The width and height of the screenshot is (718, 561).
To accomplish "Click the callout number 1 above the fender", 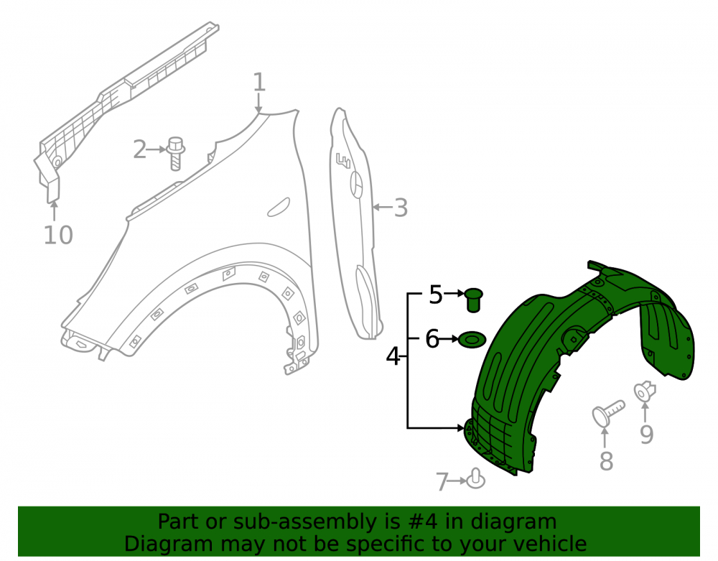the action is pyautogui.click(x=259, y=83).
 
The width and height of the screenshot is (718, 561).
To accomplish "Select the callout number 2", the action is pyautogui.click(x=140, y=149).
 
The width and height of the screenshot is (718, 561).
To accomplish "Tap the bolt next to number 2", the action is pyautogui.click(x=176, y=154).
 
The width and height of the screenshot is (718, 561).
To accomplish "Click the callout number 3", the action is pyautogui.click(x=401, y=208).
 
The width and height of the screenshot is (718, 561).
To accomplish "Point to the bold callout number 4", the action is pyautogui.click(x=393, y=356).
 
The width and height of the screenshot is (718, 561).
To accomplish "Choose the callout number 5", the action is pyautogui.click(x=436, y=295).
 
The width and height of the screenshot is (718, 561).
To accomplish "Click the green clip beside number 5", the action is pyautogui.click(x=474, y=300).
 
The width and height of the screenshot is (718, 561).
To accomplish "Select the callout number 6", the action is pyautogui.click(x=432, y=339).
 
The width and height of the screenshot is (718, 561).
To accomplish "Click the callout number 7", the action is pyautogui.click(x=442, y=482).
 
